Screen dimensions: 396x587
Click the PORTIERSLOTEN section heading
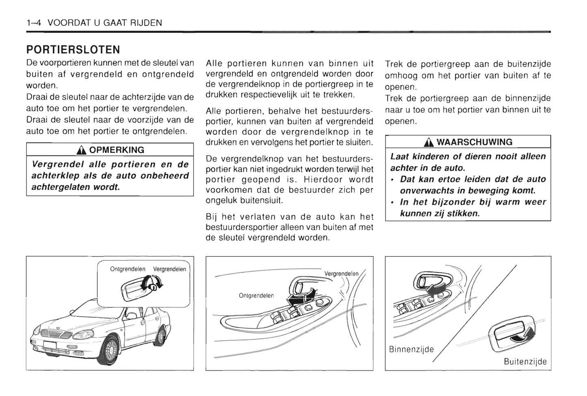(x=73, y=50)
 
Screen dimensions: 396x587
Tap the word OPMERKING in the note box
(x=117, y=150)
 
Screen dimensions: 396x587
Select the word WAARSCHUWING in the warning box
(x=474, y=142)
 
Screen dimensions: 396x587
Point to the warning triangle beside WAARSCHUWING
(x=429, y=142)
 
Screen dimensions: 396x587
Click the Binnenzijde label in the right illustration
(x=411, y=349)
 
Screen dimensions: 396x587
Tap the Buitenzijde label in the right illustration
(x=525, y=361)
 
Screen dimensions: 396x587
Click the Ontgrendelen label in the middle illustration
(x=256, y=296)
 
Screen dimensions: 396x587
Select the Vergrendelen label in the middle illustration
(x=341, y=274)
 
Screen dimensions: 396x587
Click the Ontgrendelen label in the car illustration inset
(x=128, y=269)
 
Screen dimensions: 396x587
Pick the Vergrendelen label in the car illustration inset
(x=169, y=269)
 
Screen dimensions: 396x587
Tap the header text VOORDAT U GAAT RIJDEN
(x=105, y=23)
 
